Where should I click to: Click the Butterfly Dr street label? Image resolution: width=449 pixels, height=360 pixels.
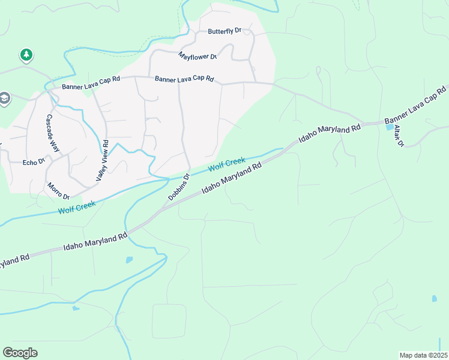point(224,31)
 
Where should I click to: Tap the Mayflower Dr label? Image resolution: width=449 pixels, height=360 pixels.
point(197,56)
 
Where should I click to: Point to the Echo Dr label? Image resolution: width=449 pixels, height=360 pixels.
point(34,162)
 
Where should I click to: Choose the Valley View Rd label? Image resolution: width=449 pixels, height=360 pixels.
point(102,161)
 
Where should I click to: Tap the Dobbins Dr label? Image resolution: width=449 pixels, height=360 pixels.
point(178,187)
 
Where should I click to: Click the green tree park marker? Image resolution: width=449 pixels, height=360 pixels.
point(26,56)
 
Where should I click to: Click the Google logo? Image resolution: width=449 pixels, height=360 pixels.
point(20,353)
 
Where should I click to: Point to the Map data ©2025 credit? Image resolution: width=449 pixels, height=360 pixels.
point(423,355)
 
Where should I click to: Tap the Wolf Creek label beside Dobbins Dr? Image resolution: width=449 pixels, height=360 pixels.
point(226,163)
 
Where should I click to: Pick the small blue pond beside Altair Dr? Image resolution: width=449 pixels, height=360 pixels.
point(390,127)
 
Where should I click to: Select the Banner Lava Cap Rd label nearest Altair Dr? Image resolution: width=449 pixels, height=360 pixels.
point(417,106)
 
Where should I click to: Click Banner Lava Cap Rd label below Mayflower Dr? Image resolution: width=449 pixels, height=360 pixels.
point(184,79)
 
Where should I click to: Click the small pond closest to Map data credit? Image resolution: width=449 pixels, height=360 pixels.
point(434,298)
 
